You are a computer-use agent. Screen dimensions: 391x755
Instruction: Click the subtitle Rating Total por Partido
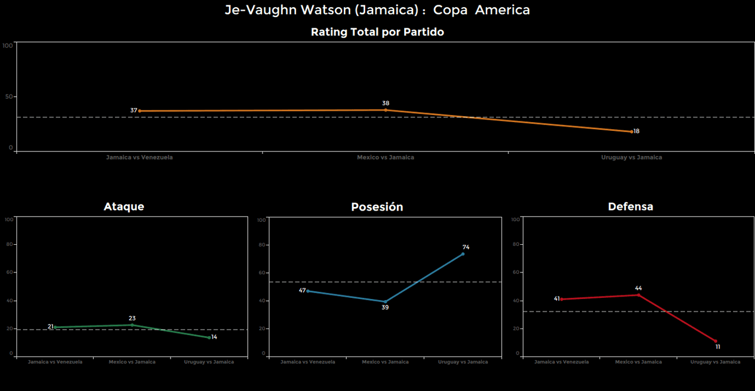377,32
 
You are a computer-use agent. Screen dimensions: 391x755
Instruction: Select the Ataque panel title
124,206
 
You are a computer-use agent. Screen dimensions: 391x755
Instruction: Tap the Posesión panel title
377,207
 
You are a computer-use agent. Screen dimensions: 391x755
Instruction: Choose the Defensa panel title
631,206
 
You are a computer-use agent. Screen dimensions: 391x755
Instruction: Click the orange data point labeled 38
386,110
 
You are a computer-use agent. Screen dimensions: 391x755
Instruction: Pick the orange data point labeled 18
632,132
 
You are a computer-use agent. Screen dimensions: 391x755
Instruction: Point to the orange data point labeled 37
140,111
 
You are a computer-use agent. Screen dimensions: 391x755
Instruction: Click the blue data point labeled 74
463,254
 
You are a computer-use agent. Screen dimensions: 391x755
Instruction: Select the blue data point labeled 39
385,302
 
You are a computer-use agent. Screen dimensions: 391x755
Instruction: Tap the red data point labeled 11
715,341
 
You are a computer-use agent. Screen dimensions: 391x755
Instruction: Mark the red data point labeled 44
638,295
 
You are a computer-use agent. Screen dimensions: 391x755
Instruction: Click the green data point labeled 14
209,337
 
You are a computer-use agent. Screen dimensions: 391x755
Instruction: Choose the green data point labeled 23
132,325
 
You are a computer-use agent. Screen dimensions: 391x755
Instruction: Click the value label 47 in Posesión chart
302,291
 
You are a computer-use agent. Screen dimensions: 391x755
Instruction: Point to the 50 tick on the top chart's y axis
8,97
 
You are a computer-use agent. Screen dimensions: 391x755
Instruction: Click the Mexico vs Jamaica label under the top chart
385,157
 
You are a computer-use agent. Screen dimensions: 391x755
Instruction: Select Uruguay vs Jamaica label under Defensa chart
715,362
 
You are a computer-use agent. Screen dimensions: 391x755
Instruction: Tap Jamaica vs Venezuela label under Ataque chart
55,362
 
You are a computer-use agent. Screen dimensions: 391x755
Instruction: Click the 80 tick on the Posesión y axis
262,245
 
